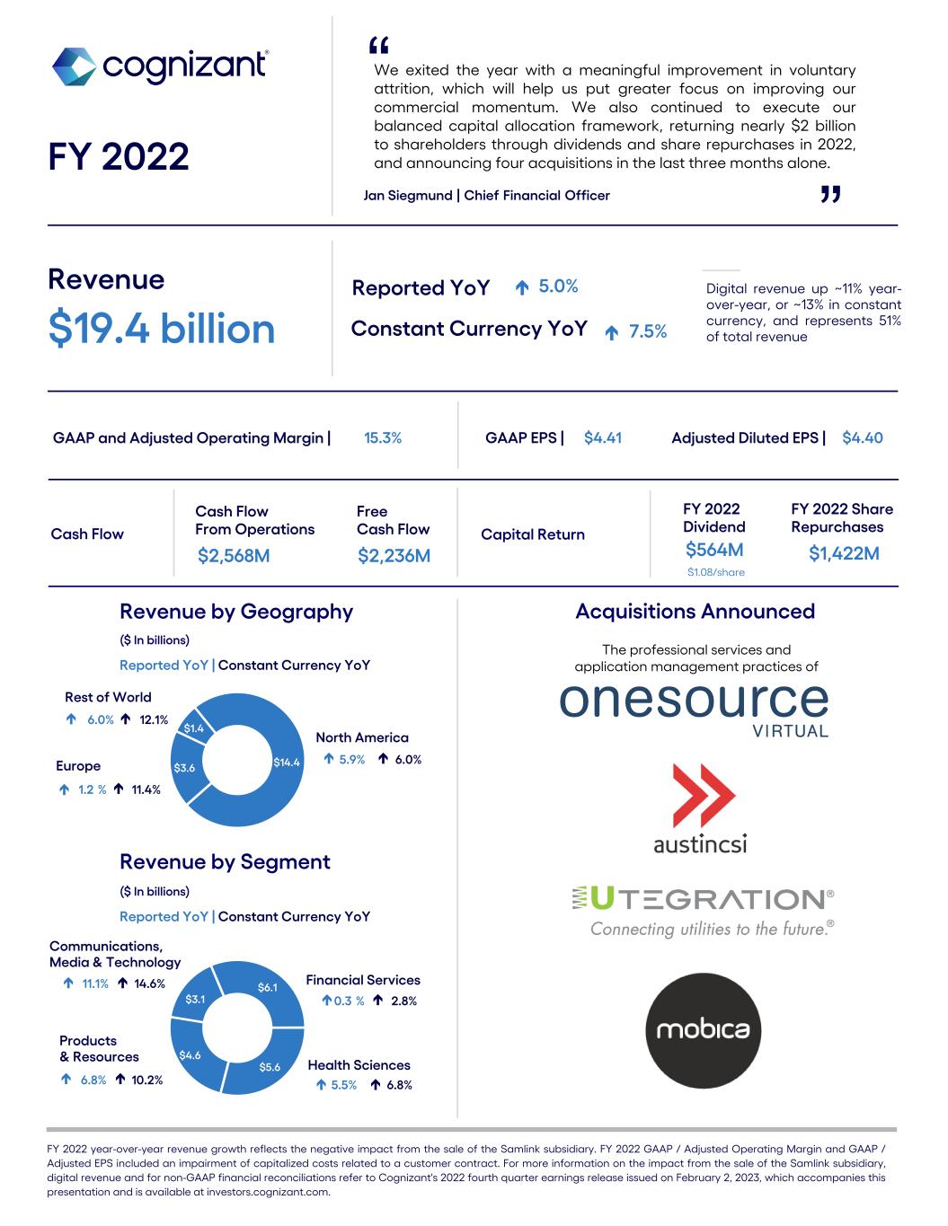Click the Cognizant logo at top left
click(x=159, y=66)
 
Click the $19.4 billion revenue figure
click(x=162, y=329)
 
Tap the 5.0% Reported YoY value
click(x=558, y=287)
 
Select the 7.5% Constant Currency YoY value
click(x=647, y=331)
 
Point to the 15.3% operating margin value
click(x=383, y=438)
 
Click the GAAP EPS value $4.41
click(x=602, y=438)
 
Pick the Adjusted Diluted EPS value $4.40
click(x=862, y=438)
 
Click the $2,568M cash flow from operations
click(x=234, y=556)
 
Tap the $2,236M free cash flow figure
click(x=394, y=556)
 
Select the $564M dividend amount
click(x=713, y=550)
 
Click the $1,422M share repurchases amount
click(x=843, y=553)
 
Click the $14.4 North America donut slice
click(x=286, y=763)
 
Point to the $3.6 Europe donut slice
click(x=184, y=768)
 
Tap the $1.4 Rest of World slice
click(x=194, y=728)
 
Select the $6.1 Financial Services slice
click(x=268, y=987)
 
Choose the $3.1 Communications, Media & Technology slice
click(x=195, y=999)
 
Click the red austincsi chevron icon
click(x=704, y=796)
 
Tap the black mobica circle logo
click(x=703, y=1030)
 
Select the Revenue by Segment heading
click(x=225, y=862)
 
